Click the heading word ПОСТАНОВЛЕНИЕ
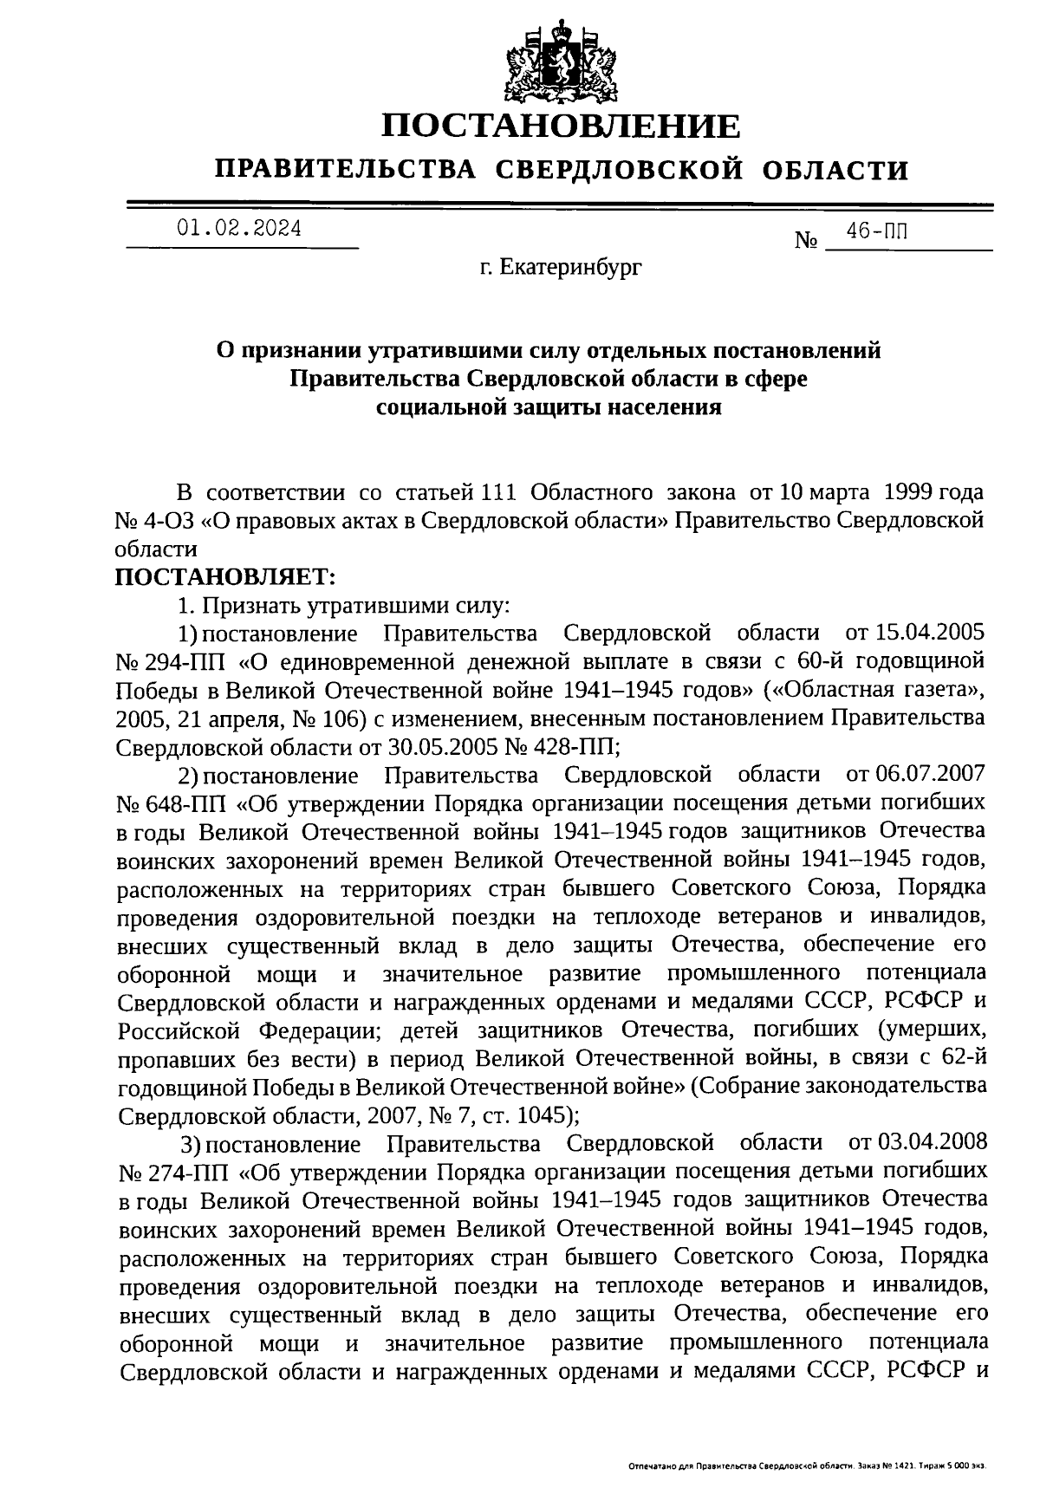coord(562,127)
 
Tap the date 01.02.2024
coord(239,229)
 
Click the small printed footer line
coord(806,1466)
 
